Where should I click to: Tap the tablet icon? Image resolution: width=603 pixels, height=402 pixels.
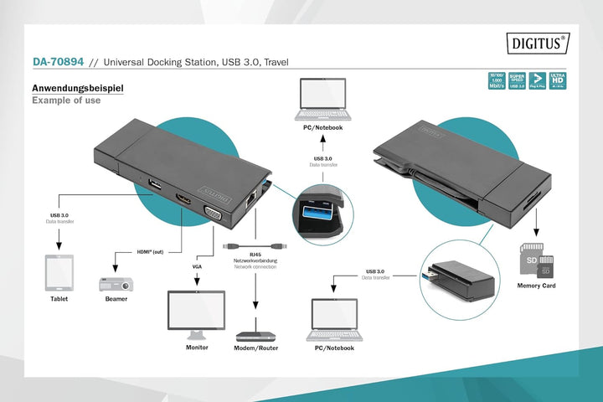coord(59,272)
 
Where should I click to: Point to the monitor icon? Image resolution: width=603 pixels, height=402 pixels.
coord(197,314)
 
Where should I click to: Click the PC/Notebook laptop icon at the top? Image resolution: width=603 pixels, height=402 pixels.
coord(322,99)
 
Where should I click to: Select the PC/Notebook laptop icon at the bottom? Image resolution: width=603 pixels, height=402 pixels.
coord(332,317)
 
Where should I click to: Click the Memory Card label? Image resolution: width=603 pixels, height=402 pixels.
coord(536,286)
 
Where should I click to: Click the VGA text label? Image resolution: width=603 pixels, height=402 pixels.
coord(197,265)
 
